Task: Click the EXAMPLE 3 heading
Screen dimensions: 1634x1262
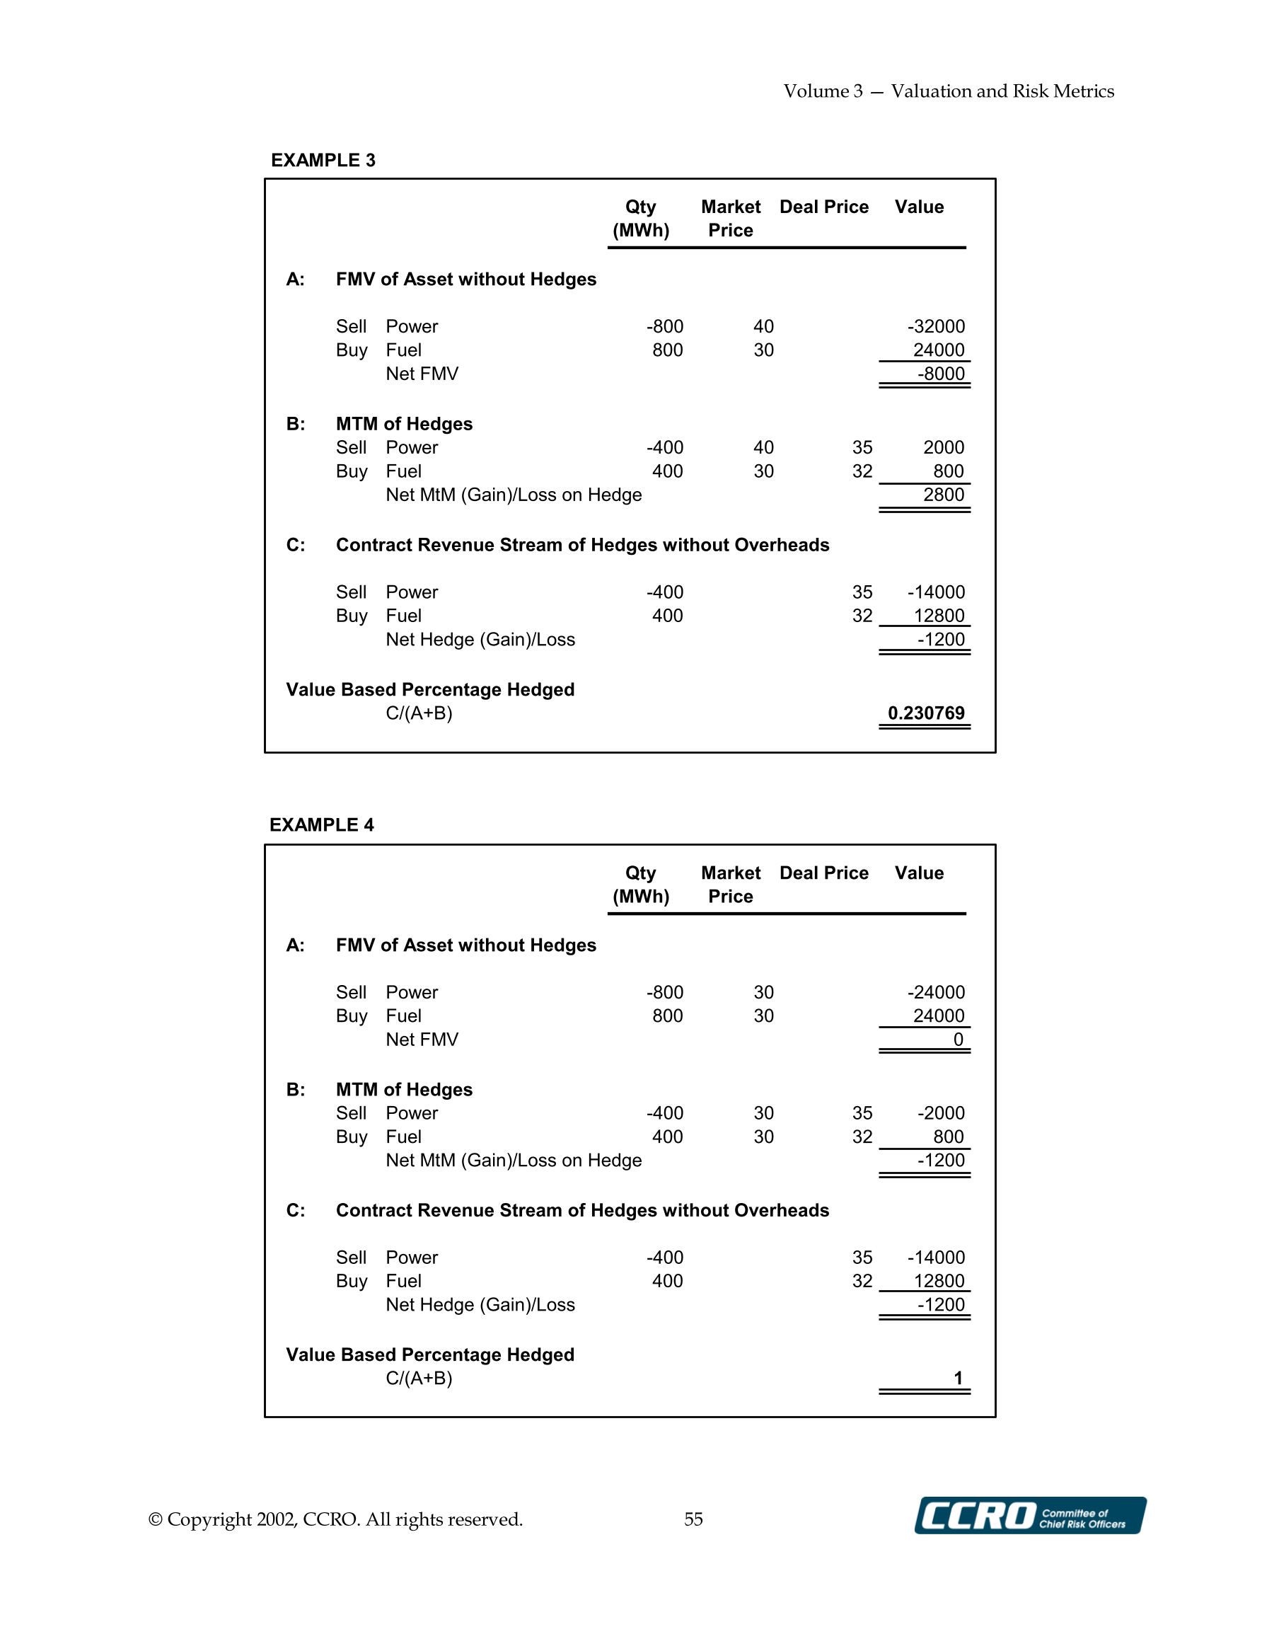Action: point(323,160)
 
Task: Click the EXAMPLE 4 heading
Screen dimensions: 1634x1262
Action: point(321,824)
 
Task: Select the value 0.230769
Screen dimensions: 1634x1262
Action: point(925,713)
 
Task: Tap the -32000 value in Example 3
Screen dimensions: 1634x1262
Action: point(936,326)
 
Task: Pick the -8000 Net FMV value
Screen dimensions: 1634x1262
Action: point(941,374)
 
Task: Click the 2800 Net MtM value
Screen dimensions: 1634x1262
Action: point(944,495)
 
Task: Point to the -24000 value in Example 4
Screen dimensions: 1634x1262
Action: point(936,992)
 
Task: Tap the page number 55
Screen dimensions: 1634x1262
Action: point(693,1519)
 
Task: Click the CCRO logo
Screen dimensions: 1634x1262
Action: point(1029,1516)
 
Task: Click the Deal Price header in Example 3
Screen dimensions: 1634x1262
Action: point(823,207)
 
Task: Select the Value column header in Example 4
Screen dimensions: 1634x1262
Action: point(919,873)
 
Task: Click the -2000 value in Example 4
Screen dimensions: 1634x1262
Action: point(940,1112)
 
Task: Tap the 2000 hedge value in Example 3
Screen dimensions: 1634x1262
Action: point(944,447)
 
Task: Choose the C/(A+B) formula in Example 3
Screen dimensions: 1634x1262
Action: point(419,713)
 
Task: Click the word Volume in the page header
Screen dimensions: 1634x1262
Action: point(816,91)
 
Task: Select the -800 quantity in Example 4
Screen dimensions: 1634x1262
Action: point(664,992)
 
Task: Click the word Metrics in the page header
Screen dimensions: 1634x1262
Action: point(1083,91)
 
